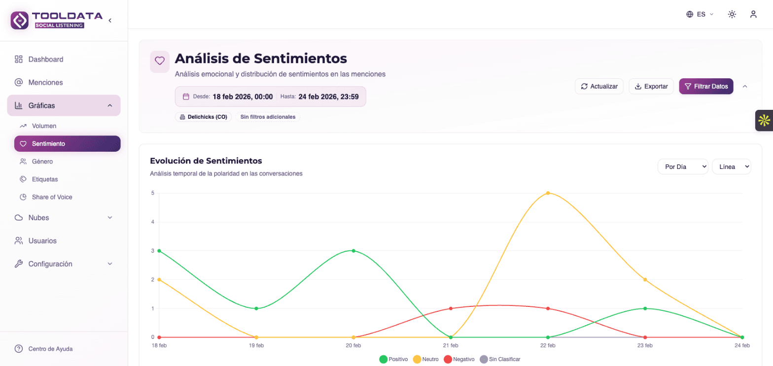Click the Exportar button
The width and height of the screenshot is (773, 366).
tap(651, 86)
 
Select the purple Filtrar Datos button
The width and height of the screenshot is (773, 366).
tap(706, 86)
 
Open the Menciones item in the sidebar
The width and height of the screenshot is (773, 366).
tap(45, 82)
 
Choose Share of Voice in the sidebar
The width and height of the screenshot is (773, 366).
tap(52, 197)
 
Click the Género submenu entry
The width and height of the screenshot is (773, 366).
tap(42, 162)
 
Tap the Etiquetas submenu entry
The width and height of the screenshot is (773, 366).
tap(44, 179)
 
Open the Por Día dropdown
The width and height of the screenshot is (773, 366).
tap(683, 166)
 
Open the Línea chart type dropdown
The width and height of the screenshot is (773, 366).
tap(731, 166)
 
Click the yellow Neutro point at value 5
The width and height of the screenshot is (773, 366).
tap(548, 193)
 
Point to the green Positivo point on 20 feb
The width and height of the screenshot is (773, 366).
tap(353, 251)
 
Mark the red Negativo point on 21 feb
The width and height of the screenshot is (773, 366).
tap(451, 308)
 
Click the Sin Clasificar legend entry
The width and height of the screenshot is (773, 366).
tap(500, 359)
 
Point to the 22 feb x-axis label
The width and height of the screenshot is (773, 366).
tap(548, 346)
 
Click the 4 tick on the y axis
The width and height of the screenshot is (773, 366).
tap(153, 222)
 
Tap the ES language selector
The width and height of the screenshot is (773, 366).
tap(700, 14)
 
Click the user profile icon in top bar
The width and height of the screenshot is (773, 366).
tap(753, 14)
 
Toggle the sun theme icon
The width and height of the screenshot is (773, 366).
tap(732, 14)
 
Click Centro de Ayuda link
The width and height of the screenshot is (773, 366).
tap(50, 349)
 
